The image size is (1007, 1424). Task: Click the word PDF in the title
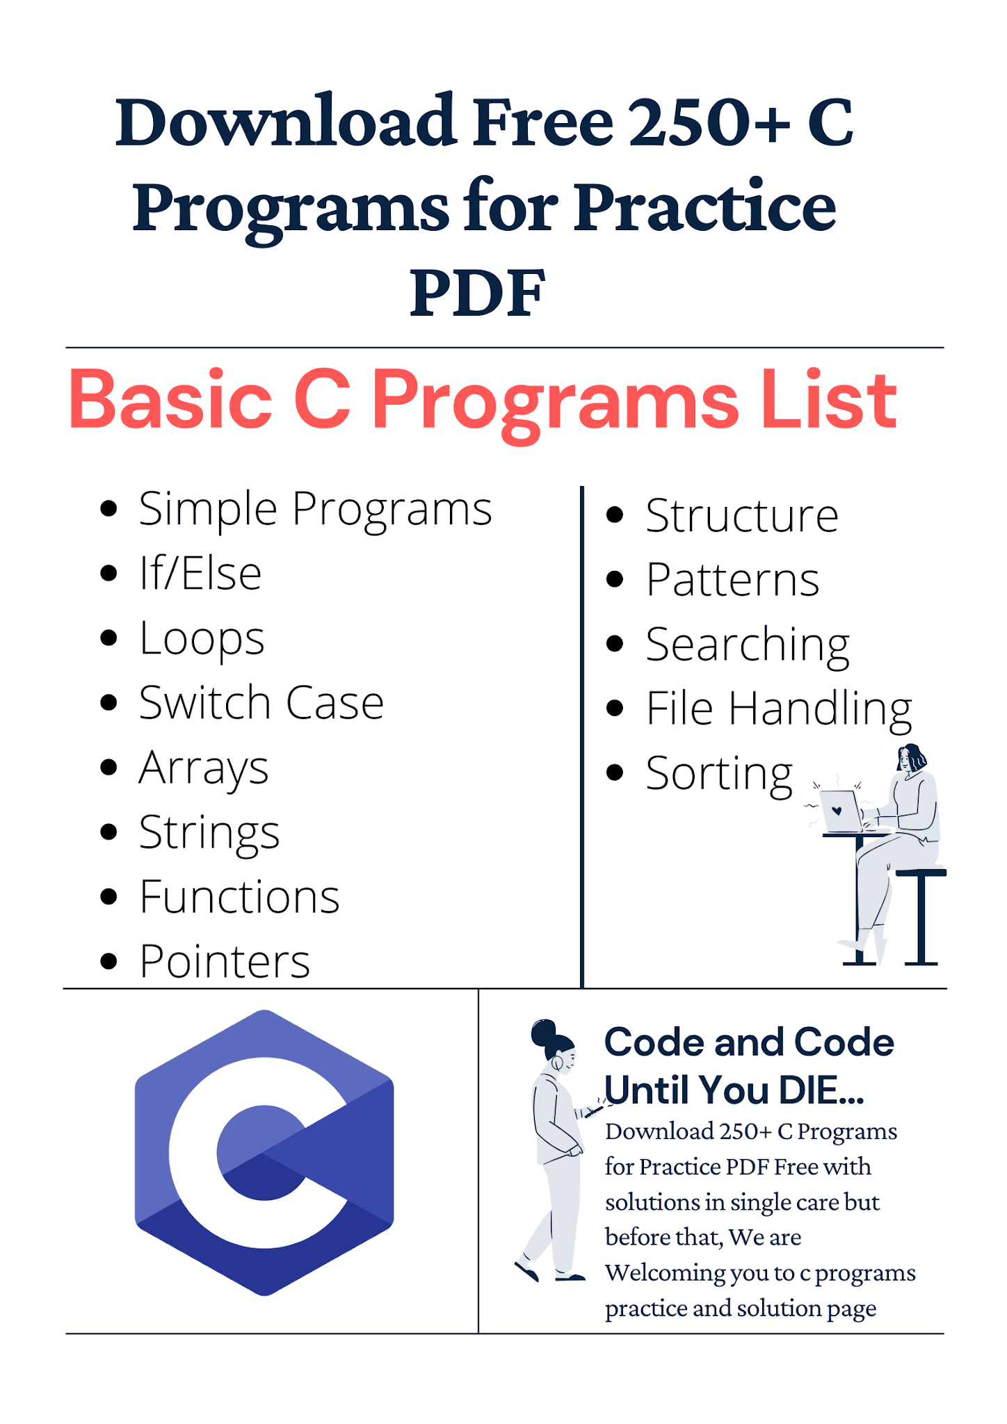point(477,293)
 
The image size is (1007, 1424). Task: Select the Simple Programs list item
point(315,509)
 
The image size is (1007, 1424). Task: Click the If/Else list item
point(200,574)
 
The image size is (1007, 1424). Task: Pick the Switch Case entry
point(261,702)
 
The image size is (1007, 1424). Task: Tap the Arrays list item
point(203,768)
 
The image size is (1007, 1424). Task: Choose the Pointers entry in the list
point(224,962)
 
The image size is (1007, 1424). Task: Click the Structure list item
point(741,516)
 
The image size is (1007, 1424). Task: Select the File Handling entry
point(778,709)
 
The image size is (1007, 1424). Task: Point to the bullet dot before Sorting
point(614,772)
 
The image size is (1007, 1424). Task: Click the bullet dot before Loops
point(108,638)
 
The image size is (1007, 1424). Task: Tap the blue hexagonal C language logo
point(264,1152)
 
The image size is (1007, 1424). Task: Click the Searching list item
point(747,645)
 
